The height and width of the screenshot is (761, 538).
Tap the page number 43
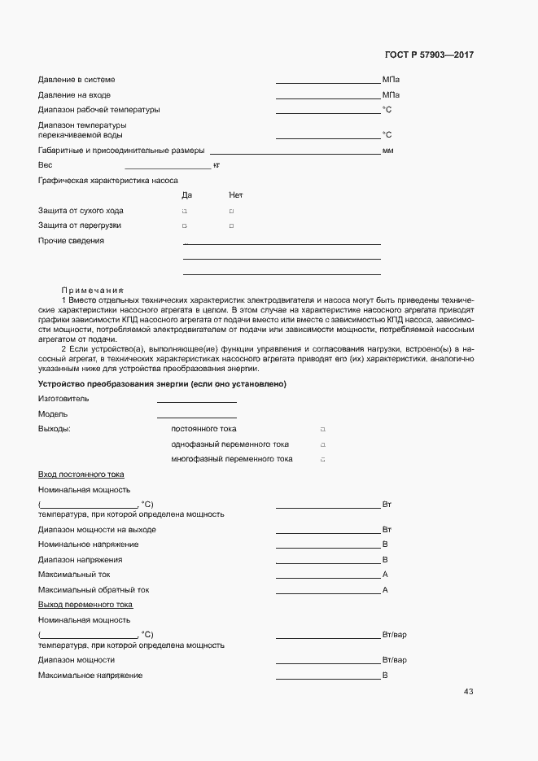click(468, 692)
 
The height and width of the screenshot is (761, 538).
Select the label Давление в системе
click(77, 80)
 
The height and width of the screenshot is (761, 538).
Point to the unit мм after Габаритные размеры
click(387, 151)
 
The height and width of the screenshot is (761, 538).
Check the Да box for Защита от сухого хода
click(185, 211)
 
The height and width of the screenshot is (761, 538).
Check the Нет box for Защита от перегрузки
click(231, 225)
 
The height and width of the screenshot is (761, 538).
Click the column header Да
click(186, 195)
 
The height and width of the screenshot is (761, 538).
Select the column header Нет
click(236, 195)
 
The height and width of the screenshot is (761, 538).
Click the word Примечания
click(92, 290)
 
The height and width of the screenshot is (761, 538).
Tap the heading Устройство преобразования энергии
click(162, 384)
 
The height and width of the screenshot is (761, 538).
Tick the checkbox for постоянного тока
click(322, 429)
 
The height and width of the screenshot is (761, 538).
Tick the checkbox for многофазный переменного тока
click(322, 460)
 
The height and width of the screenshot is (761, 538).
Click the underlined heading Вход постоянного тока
click(81, 475)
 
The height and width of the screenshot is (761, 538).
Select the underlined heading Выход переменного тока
click(85, 605)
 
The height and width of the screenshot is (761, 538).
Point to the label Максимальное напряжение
click(90, 676)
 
